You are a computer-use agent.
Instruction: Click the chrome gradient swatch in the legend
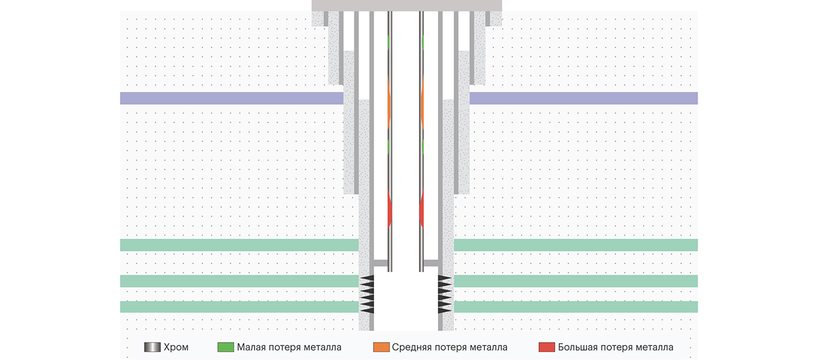point(152,347)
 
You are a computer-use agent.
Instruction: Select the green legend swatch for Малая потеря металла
point(225,347)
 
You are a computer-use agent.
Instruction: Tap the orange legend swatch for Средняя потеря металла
point(380,347)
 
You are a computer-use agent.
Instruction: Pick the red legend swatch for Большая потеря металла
point(546,347)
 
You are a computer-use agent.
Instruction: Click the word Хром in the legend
point(176,347)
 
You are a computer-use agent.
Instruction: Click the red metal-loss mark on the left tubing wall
point(390,210)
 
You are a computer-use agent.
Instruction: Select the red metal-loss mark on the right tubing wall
point(422,210)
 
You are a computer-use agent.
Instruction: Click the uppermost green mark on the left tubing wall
point(389,42)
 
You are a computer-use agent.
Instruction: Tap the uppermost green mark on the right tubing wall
point(422,42)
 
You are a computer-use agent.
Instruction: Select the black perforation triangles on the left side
point(367,295)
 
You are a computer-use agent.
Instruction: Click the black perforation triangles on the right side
point(445,295)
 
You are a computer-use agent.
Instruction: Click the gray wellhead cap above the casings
point(407,5)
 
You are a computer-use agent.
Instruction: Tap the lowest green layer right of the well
point(575,307)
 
